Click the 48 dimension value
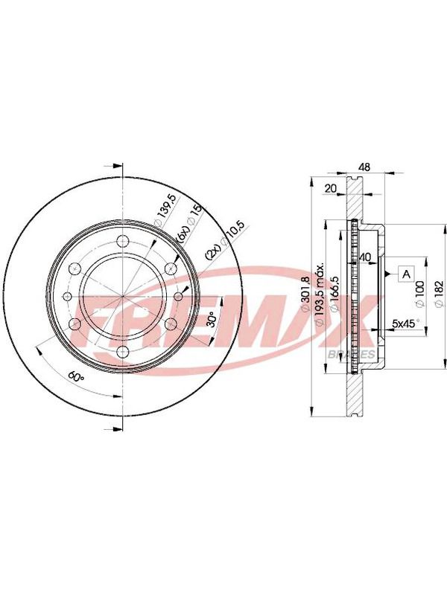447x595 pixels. [364, 167]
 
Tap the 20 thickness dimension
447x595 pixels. [331, 188]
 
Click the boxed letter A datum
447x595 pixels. [407, 274]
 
